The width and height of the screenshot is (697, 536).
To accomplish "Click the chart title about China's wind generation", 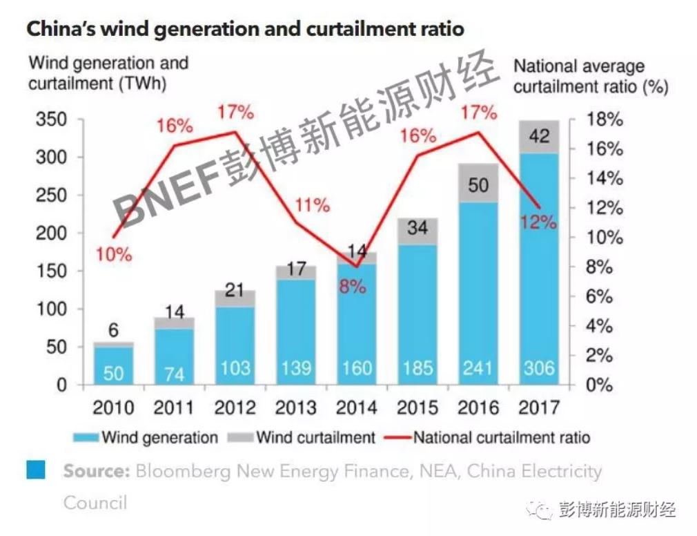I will [x=245, y=30].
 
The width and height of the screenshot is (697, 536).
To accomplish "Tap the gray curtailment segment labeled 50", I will [x=478, y=184].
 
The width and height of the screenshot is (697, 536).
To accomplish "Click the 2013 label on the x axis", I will [x=295, y=408].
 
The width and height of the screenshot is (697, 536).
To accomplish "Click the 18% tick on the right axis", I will [x=604, y=119].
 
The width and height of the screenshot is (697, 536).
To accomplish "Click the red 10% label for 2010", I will [x=114, y=254].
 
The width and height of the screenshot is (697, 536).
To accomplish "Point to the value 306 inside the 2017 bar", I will [x=539, y=367].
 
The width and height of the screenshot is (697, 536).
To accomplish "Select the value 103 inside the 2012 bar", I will [x=234, y=367].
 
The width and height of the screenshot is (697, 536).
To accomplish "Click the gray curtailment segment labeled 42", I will [x=539, y=137].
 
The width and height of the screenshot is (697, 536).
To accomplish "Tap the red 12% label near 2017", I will [x=538, y=222].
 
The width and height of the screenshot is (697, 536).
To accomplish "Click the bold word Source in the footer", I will [x=97, y=472].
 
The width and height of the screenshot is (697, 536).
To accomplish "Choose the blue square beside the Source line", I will [x=36, y=470].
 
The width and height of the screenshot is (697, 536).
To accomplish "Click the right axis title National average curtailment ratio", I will [x=590, y=77].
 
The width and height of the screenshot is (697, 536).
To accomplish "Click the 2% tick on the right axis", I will [x=604, y=356].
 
